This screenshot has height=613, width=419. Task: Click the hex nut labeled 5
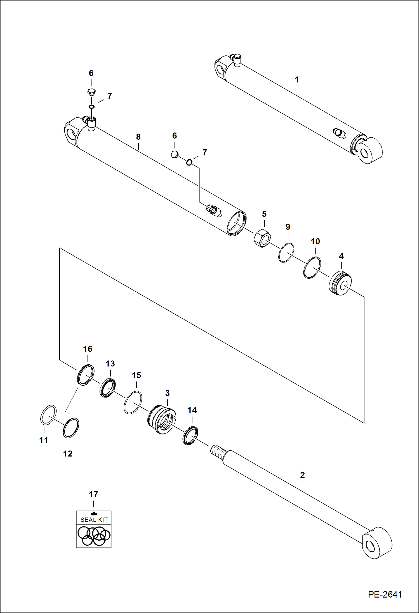(x=262, y=238)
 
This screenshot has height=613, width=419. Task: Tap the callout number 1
(x=297, y=80)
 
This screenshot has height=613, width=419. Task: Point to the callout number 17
(x=93, y=494)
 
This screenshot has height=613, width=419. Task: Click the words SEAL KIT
(x=94, y=520)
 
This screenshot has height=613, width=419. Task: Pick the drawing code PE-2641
(x=385, y=594)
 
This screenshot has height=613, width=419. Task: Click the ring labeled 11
(x=48, y=415)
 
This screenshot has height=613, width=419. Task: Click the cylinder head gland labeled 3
(x=162, y=419)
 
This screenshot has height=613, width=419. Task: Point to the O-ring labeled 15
(x=133, y=402)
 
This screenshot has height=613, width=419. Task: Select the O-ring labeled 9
(x=286, y=252)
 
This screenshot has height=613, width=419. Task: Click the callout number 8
(x=138, y=137)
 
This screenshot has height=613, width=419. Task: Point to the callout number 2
(x=302, y=475)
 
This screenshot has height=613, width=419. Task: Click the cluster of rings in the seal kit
(x=94, y=536)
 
